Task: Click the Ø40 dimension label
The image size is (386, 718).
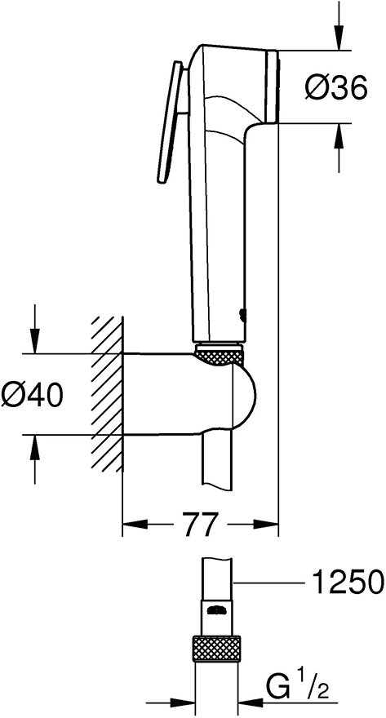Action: click(x=33, y=397)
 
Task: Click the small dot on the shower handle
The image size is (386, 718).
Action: click(x=241, y=313)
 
